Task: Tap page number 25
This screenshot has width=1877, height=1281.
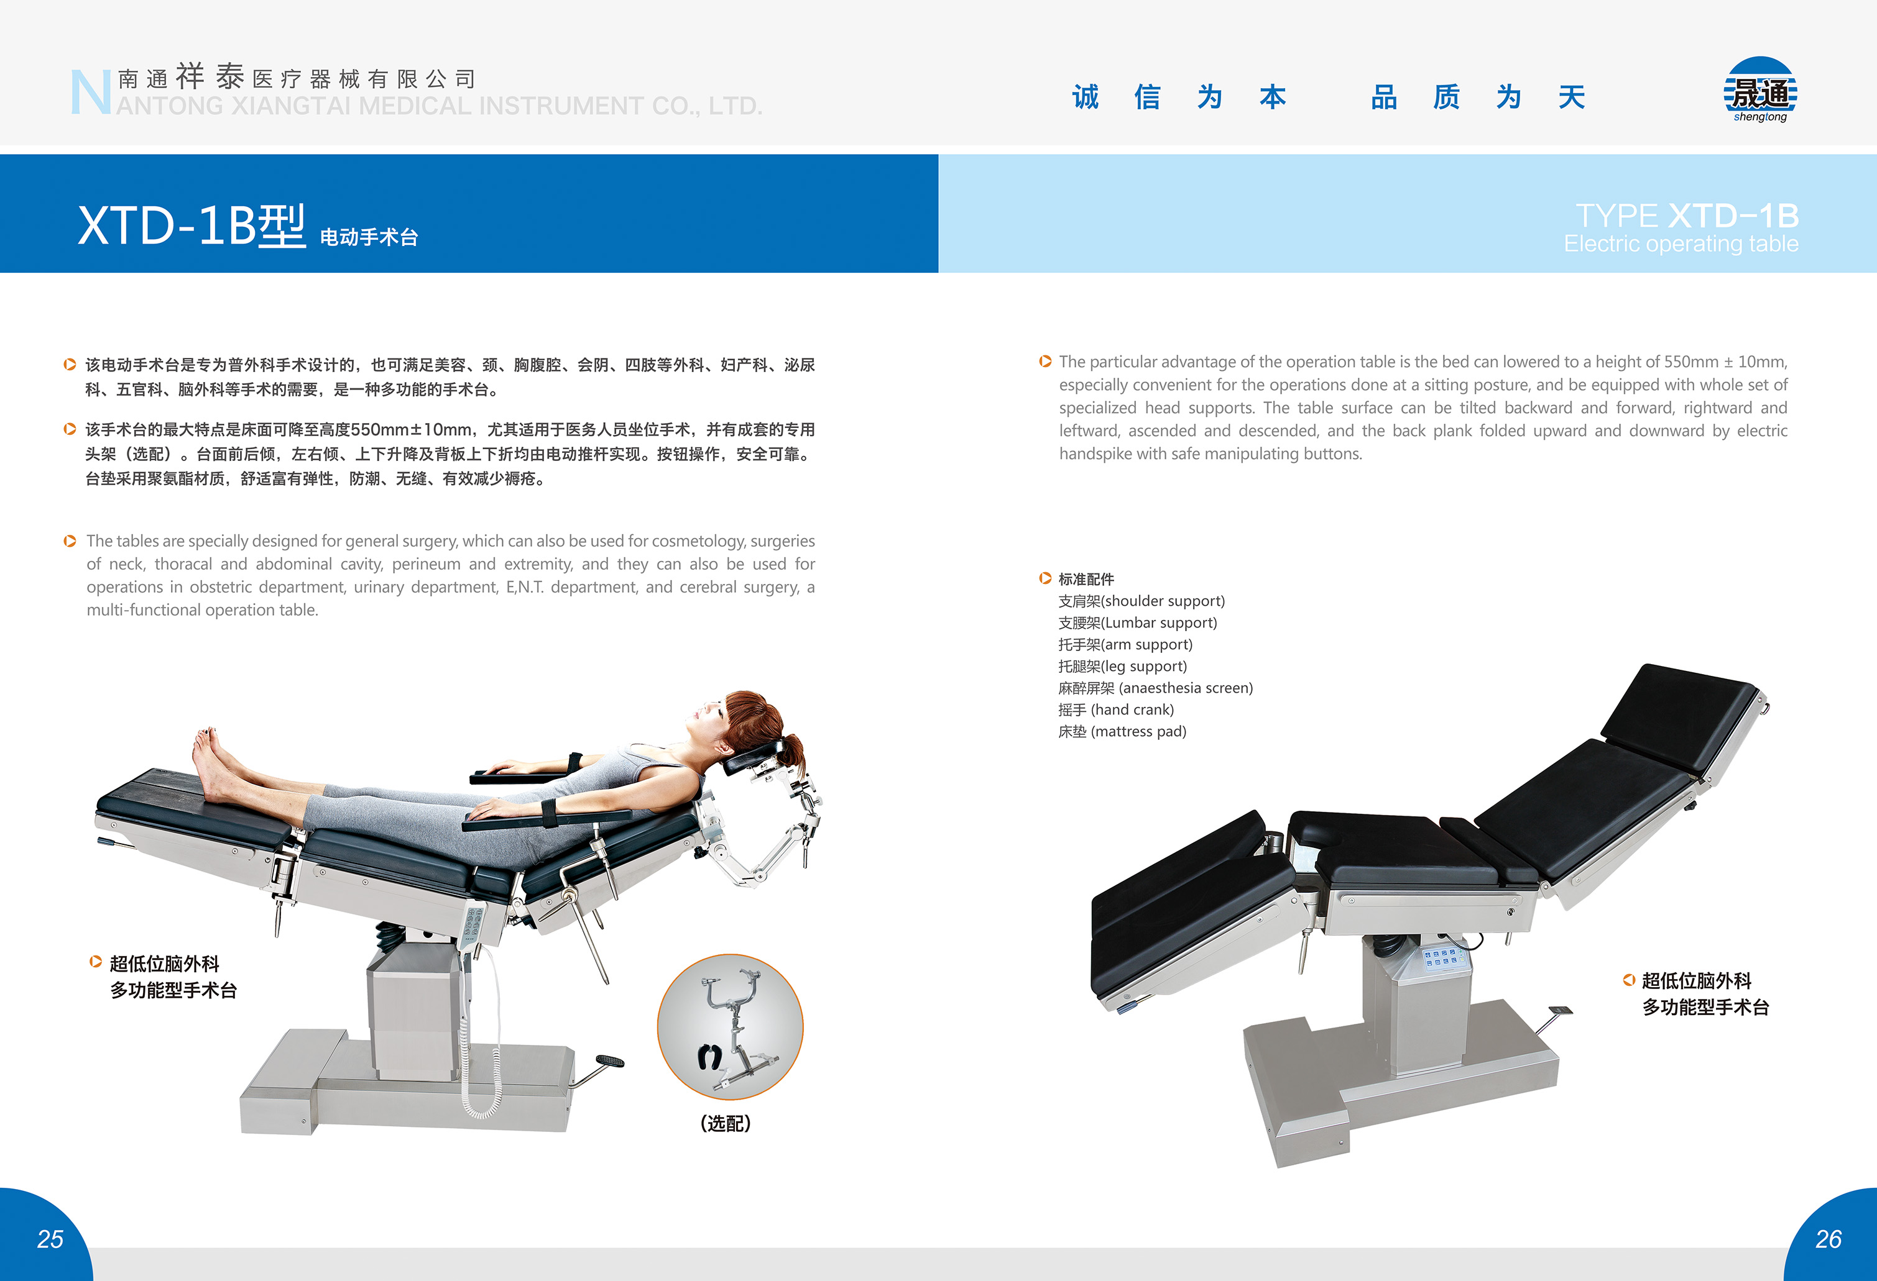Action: [x=50, y=1238]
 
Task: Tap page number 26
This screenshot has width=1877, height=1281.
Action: [x=1828, y=1238]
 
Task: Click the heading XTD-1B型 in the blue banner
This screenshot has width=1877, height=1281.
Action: [x=191, y=226]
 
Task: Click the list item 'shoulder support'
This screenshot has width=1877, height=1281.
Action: [x=1141, y=601]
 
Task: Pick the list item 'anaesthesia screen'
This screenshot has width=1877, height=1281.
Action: [x=1156, y=688]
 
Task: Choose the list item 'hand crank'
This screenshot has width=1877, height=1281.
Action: [x=1116, y=710]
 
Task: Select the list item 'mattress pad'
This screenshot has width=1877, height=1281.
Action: [x=1123, y=732]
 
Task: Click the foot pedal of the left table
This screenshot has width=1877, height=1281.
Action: [x=610, y=1060]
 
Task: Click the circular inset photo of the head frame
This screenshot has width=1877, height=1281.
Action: [x=730, y=1027]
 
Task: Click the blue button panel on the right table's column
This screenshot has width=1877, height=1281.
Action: [x=1441, y=958]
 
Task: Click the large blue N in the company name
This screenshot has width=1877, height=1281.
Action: [x=90, y=93]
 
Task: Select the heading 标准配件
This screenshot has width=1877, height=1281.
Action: [x=1086, y=580]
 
